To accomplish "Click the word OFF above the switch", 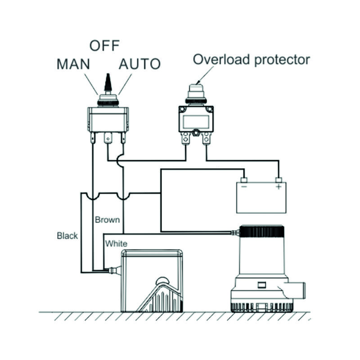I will pyautogui.click(x=104, y=45).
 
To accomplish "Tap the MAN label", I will pyautogui.click(x=73, y=64).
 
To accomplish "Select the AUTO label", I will pyautogui.click(x=139, y=64).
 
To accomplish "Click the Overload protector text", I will pyautogui.click(x=252, y=59).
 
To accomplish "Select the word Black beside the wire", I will pyautogui.click(x=67, y=235).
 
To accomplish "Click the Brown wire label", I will pyautogui.click(x=108, y=220).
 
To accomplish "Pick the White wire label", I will pyautogui.click(x=116, y=243).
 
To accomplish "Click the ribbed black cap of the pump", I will pyautogui.click(x=261, y=232).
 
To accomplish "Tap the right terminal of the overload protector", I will pyautogui.click(x=207, y=138).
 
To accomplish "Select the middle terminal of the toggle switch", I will pyautogui.click(x=108, y=138).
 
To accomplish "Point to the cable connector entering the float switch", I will pyautogui.click(x=114, y=271).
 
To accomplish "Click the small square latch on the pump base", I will pyautogui.click(x=261, y=284).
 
